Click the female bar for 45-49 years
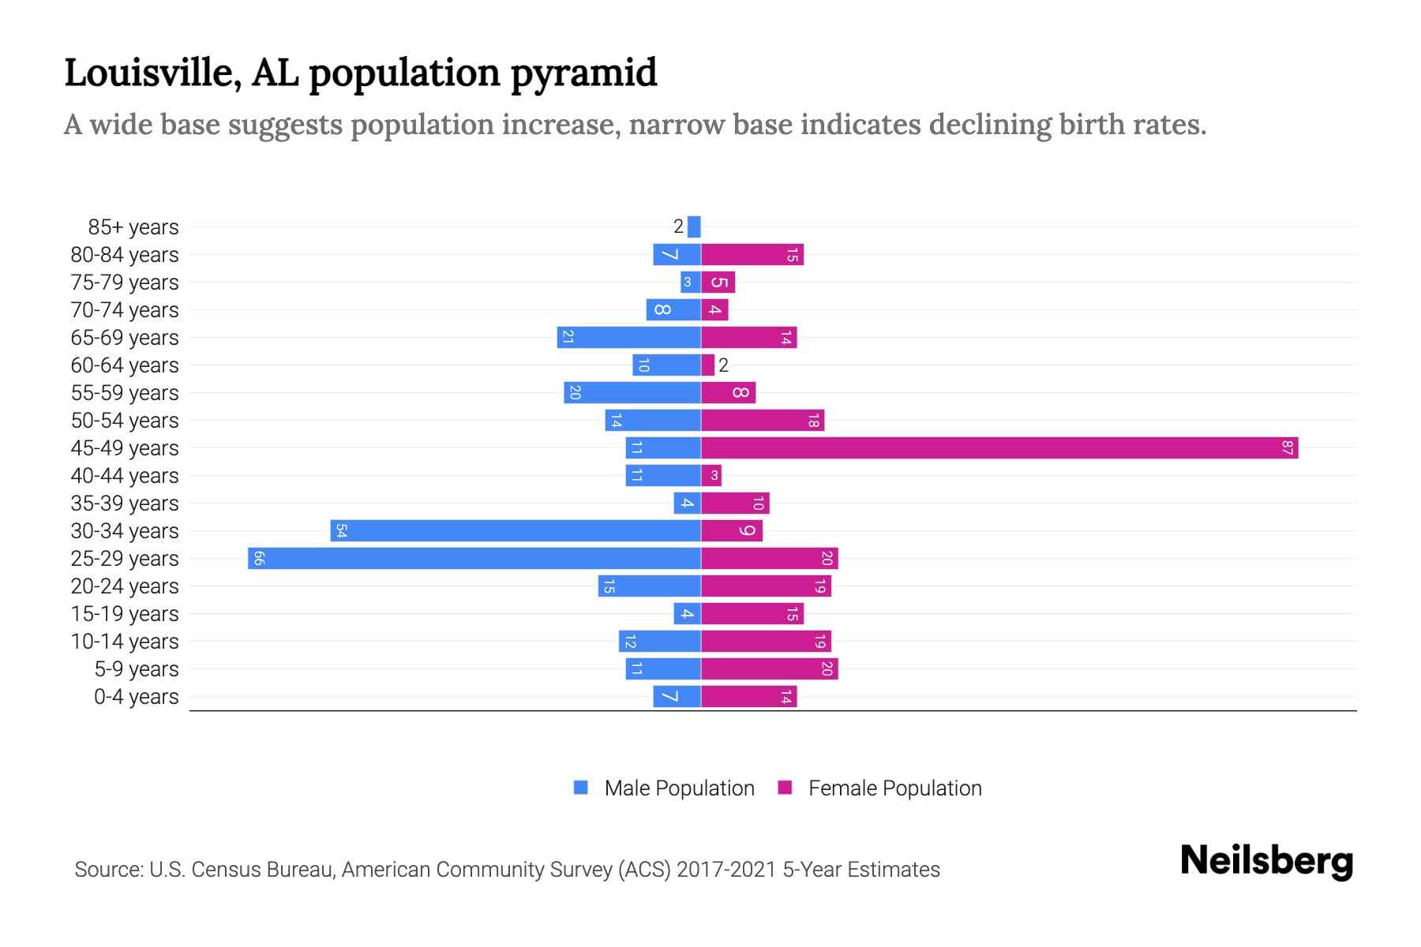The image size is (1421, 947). click(999, 448)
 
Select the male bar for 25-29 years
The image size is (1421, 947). click(474, 559)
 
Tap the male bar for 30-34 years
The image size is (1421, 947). click(515, 531)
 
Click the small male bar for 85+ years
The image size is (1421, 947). click(694, 227)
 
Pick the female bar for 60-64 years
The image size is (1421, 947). click(707, 365)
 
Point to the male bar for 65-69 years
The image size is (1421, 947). click(628, 338)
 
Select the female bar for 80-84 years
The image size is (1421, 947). click(752, 255)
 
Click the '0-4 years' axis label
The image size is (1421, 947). click(136, 697)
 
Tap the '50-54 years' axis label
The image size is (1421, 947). click(125, 421)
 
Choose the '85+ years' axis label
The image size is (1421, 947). click(133, 227)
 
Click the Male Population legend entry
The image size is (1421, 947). click(664, 788)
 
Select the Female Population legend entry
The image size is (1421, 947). click(879, 788)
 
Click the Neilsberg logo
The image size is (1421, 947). click(1266, 861)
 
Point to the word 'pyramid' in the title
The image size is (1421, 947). click(583, 73)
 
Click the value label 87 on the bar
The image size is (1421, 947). click(1287, 448)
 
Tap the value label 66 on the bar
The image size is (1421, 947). click(259, 559)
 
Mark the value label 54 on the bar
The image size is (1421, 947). click(341, 531)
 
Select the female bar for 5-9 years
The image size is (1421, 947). click(769, 669)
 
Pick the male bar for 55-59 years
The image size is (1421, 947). click(632, 393)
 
